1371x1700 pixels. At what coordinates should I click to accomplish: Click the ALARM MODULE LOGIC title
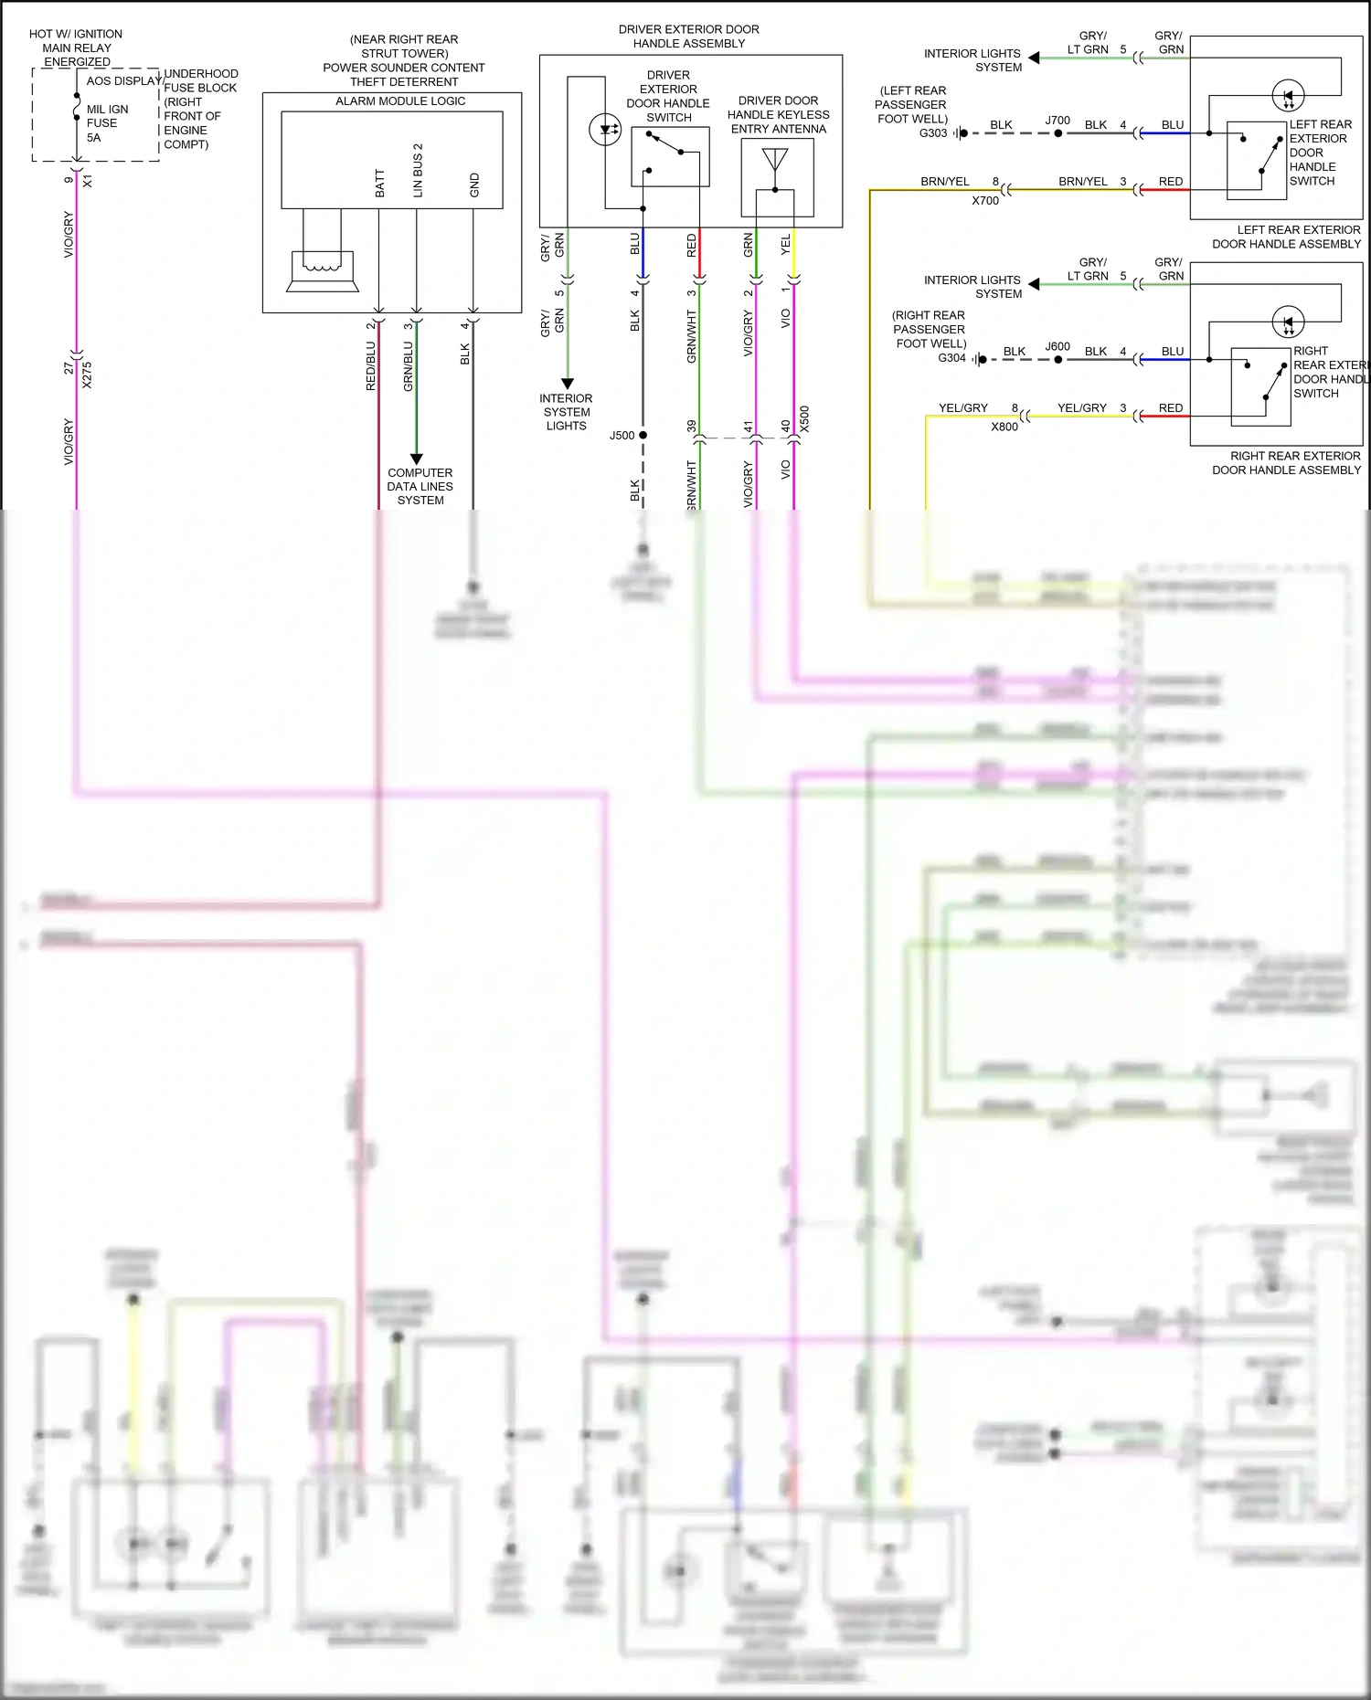tap(400, 101)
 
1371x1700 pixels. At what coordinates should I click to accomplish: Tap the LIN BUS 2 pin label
tap(418, 170)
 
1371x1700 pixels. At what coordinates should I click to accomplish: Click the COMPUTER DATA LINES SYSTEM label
tap(420, 486)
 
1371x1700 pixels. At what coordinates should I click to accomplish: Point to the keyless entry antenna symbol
tap(775, 160)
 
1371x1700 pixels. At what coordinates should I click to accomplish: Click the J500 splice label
tap(622, 436)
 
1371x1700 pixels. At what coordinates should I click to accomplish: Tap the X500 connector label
tap(804, 418)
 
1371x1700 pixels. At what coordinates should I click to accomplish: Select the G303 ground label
tap(932, 133)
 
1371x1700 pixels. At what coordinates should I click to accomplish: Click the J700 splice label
tap(1057, 121)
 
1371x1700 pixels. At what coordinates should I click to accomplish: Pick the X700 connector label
tap(985, 201)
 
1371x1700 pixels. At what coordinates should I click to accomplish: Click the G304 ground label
tap(951, 358)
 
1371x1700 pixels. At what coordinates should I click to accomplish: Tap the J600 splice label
tap(1057, 347)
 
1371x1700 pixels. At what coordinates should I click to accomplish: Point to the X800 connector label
tap(1004, 427)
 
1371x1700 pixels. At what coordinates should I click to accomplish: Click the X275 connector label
tap(87, 375)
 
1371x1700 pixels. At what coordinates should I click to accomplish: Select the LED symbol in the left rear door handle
tap(1288, 95)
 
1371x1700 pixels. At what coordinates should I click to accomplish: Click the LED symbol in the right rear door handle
tap(1288, 322)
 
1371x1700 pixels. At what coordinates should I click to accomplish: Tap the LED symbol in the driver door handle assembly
tap(605, 130)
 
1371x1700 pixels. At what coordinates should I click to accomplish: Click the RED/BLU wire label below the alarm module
tap(370, 365)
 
